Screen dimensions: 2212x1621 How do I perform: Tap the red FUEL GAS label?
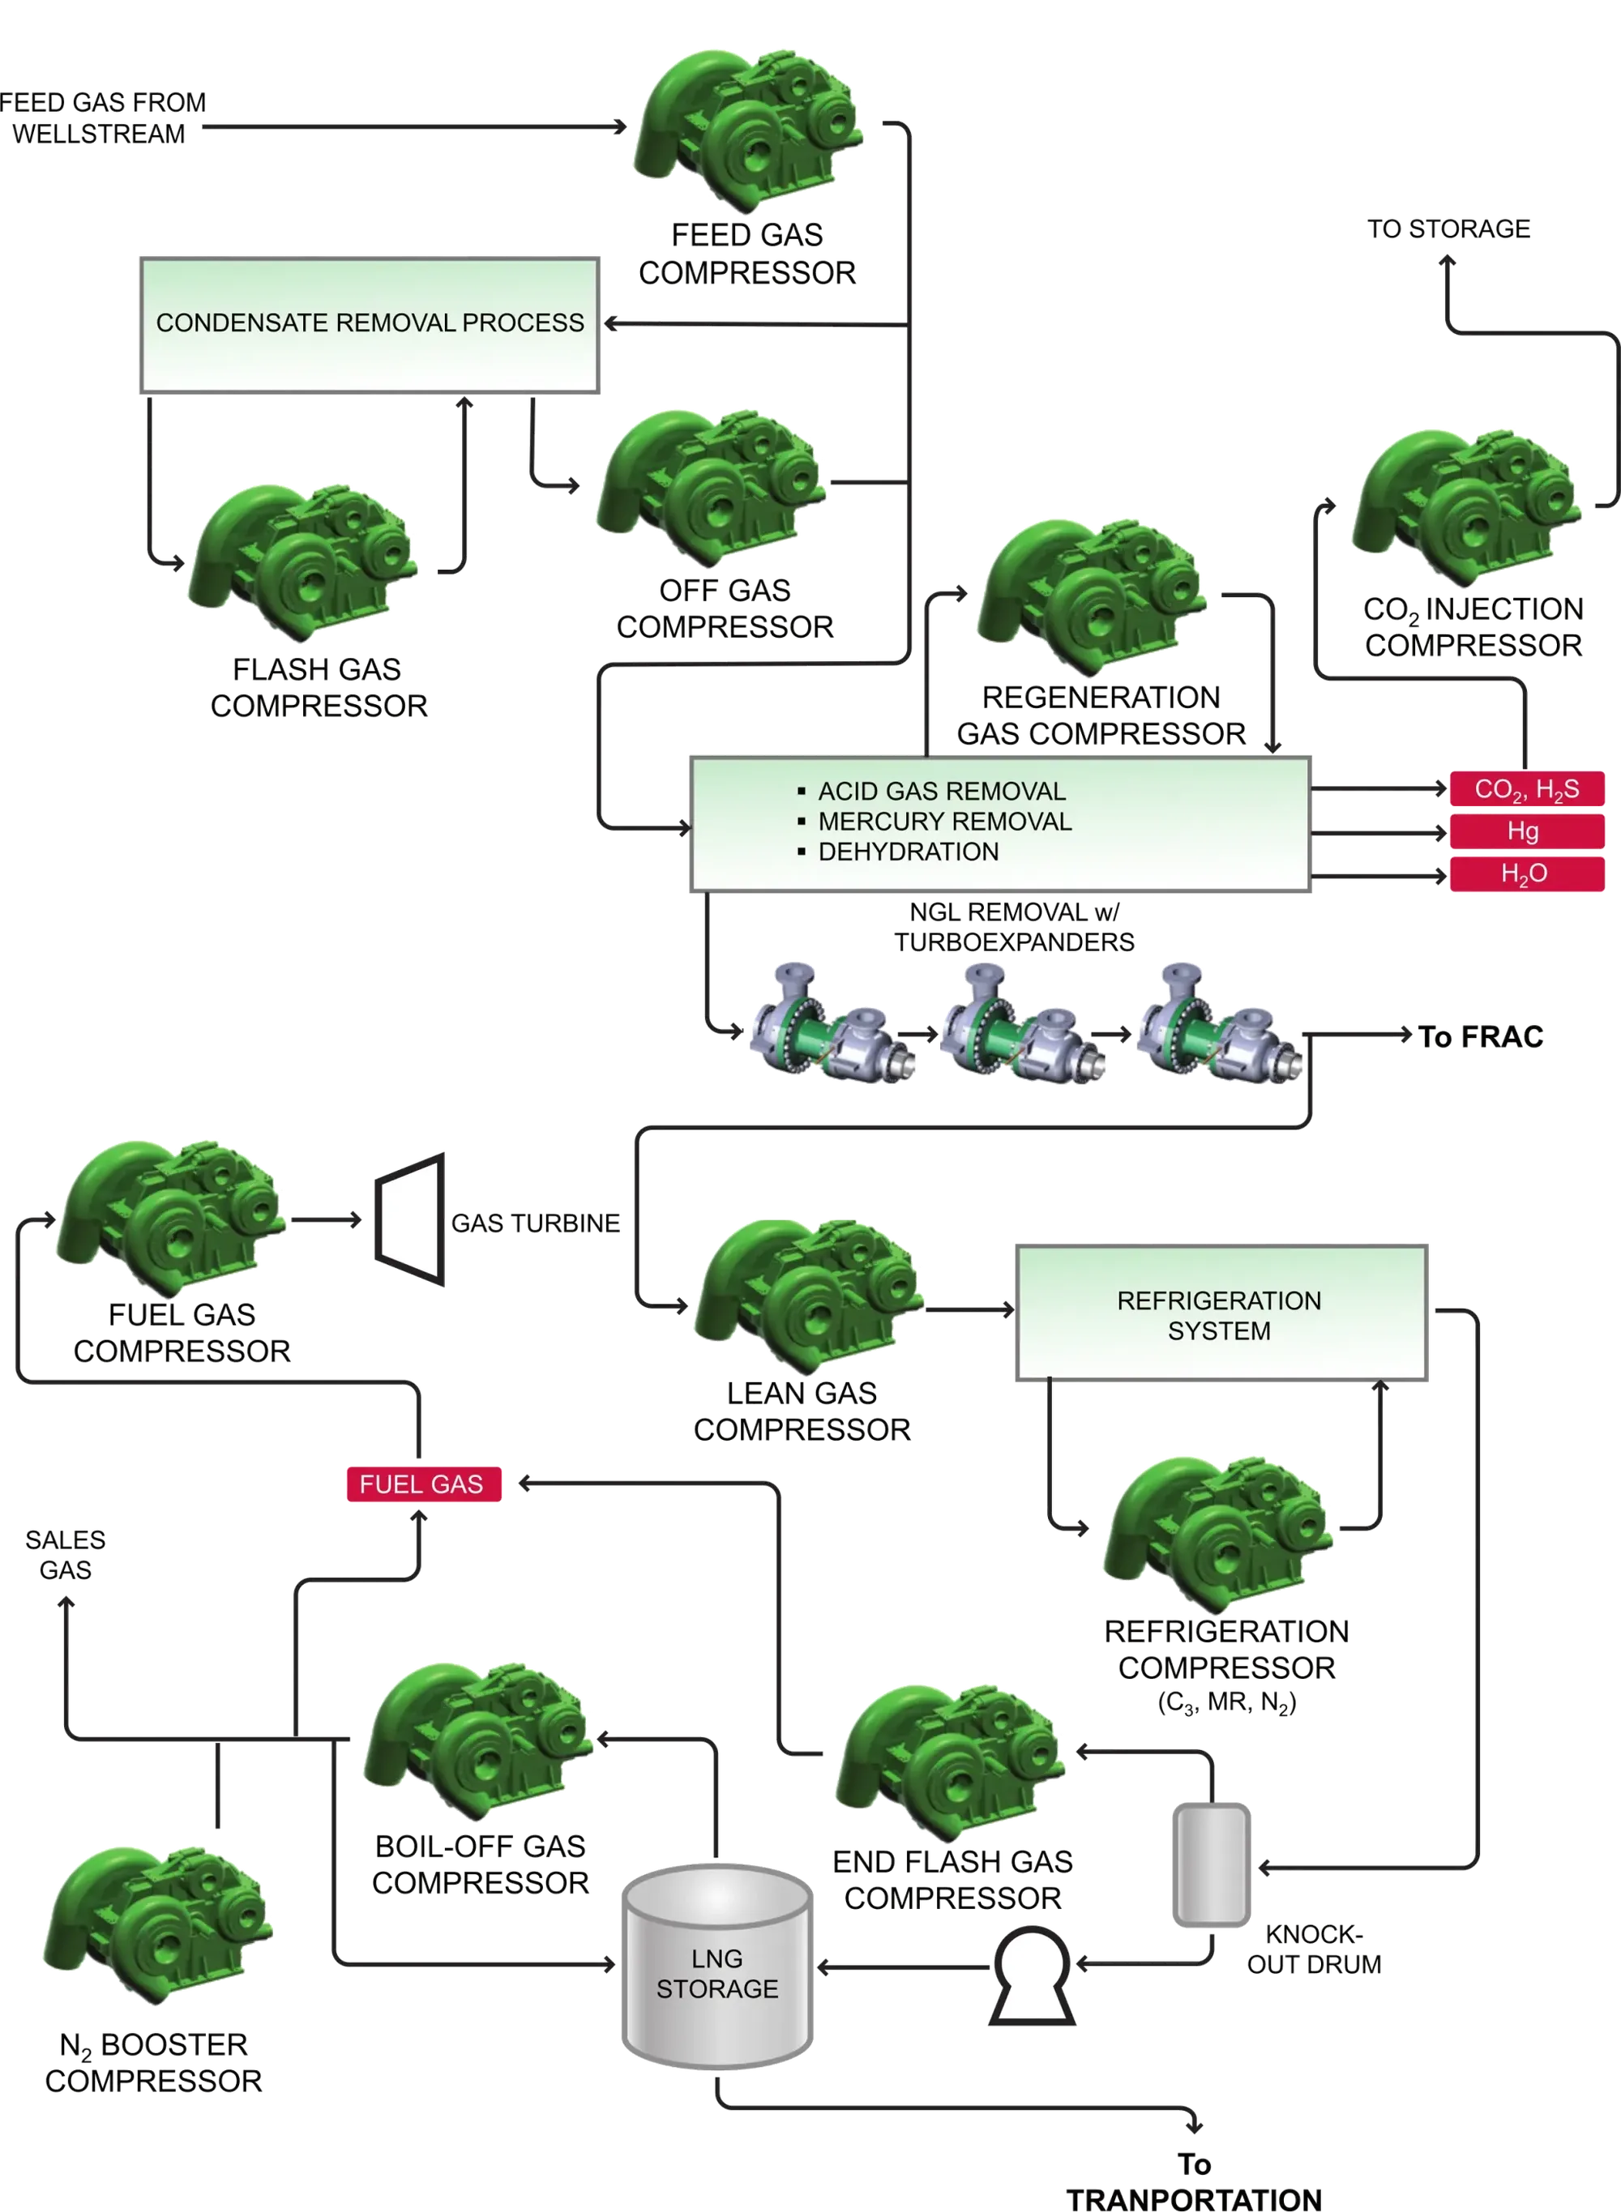tap(423, 1484)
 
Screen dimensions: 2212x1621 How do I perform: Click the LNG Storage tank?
tap(717, 1971)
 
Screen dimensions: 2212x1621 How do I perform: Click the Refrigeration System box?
tap(1221, 1313)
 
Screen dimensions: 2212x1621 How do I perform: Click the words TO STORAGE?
tap(1448, 229)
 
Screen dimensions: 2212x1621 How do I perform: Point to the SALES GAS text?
tap(66, 1554)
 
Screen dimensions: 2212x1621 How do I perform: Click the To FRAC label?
tap(1484, 1037)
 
